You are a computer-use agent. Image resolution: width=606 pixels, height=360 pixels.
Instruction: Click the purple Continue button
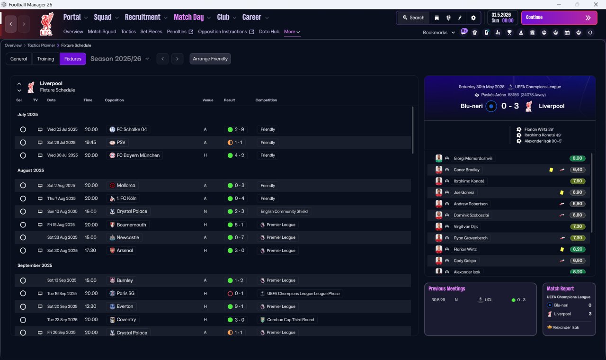[x=559, y=18]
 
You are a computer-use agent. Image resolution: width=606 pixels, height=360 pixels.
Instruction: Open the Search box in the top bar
[x=414, y=18]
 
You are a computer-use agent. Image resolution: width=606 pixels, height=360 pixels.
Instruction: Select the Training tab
[x=45, y=59]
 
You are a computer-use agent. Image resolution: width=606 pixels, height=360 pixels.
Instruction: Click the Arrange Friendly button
[x=210, y=59]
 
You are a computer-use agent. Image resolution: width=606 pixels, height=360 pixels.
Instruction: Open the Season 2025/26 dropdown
[x=120, y=59]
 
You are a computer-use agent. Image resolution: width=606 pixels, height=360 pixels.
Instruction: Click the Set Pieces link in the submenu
[x=151, y=32]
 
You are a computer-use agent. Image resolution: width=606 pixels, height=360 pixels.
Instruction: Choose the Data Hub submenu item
[x=269, y=32]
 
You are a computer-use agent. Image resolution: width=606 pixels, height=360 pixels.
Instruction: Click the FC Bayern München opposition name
[x=138, y=155]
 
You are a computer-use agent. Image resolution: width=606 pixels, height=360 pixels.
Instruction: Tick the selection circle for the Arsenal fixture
[x=23, y=251]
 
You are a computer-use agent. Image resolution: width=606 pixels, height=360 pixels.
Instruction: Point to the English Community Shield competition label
[x=284, y=211]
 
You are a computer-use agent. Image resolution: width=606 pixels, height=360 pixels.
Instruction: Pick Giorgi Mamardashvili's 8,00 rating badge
[x=577, y=158]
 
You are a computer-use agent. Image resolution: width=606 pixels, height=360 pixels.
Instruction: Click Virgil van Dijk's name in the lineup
[x=465, y=226]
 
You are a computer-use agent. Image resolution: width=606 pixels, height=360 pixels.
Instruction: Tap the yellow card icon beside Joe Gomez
[x=561, y=192]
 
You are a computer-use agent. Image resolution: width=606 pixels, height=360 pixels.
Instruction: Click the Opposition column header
[x=114, y=100]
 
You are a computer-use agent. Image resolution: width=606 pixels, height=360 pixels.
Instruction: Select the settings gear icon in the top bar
[x=473, y=18]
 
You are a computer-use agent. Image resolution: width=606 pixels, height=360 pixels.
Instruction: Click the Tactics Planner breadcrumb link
[x=41, y=45]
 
